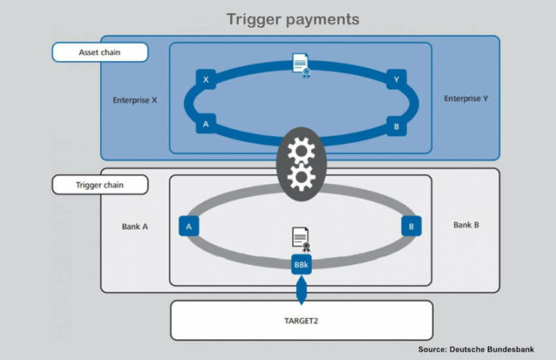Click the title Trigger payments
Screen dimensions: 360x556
coord(292,19)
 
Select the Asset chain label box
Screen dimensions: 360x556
coord(100,52)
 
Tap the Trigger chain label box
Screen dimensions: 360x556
coord(100,185)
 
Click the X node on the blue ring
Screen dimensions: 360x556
coord(206,80)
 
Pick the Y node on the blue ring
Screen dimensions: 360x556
coord(396,80)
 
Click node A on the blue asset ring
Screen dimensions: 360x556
coord(206,124)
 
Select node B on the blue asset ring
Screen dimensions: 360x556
coord(396,124)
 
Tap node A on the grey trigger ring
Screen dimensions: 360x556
coord(189,226)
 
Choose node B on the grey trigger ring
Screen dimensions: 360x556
coord(411,226)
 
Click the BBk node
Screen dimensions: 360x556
coord(301,264)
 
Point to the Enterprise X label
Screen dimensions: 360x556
coord(135,100)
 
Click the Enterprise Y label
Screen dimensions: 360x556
coord(466,99)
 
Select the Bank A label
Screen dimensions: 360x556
coord(135,226)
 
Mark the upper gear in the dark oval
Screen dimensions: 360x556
coord(300,150)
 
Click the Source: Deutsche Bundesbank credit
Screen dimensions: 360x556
coord(481,349)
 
